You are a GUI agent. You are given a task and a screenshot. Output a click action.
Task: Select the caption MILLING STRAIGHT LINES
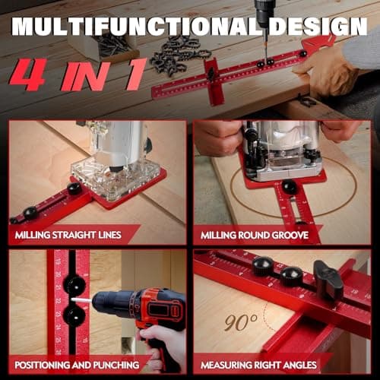[x=68, y=234]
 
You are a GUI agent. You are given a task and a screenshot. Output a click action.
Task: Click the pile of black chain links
[x=179, y=55]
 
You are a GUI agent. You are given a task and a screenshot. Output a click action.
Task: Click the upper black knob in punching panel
[x=74, y=285]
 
